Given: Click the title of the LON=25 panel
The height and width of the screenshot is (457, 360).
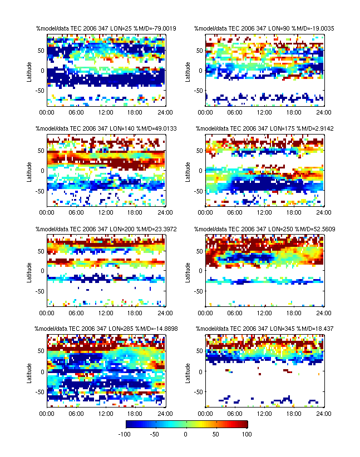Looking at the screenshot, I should [x=105, y=28].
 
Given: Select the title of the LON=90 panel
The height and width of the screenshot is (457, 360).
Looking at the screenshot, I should [x=264, y=28].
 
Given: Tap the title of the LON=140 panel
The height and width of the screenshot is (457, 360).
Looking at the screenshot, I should [x=105, y=128].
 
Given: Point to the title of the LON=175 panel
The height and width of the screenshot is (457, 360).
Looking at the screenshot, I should [x=264, y=128].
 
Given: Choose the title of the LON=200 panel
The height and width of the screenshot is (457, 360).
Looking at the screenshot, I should [x=105, y=229].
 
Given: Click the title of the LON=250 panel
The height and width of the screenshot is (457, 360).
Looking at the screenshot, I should [x=264, y=229].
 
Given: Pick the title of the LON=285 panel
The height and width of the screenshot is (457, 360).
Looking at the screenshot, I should [x=105, y=329].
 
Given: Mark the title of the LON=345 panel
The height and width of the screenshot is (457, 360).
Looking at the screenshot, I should [x=264, y=329].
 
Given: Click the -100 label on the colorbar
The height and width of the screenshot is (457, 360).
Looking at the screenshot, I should [x=131, y=434].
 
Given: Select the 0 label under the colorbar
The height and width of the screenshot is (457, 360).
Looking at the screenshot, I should [x=186, y=434].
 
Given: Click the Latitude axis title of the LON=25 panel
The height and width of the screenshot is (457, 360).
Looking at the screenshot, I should [x=29, y=70].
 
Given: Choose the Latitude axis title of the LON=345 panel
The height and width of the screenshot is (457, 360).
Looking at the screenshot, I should [x=188, y=371].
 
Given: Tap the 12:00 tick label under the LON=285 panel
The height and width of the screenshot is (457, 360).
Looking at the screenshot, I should [x=106, y=413].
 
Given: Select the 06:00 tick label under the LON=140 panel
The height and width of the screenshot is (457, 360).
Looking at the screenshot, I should [x=76, y=212].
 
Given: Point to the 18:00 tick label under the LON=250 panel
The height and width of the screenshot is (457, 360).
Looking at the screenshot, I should [x=294, y=312].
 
